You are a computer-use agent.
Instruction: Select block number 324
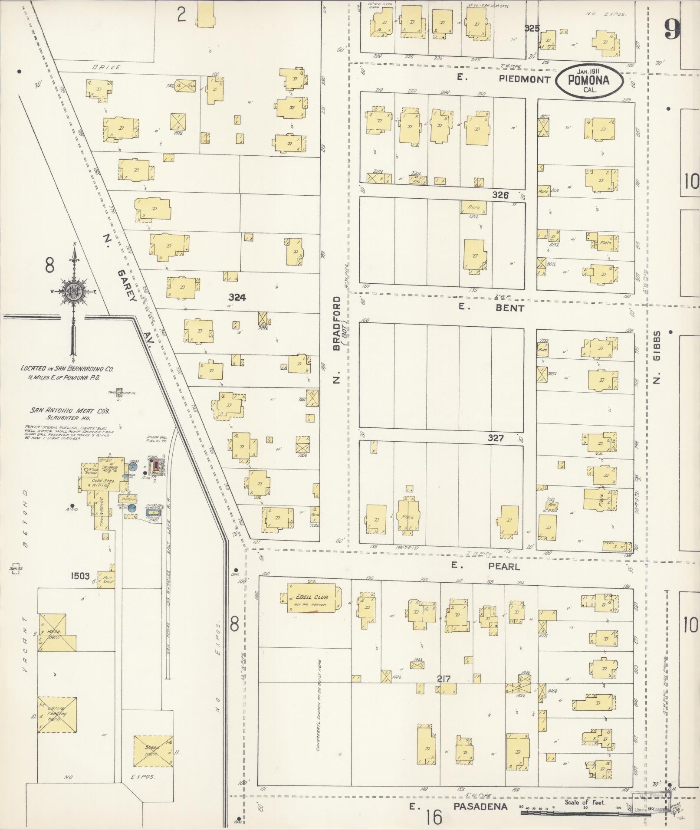point(237,297)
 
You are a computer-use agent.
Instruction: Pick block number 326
point(500,195)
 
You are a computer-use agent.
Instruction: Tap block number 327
point(495,438)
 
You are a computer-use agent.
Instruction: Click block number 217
point(444,679)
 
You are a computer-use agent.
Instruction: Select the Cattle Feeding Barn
point(57,715)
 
